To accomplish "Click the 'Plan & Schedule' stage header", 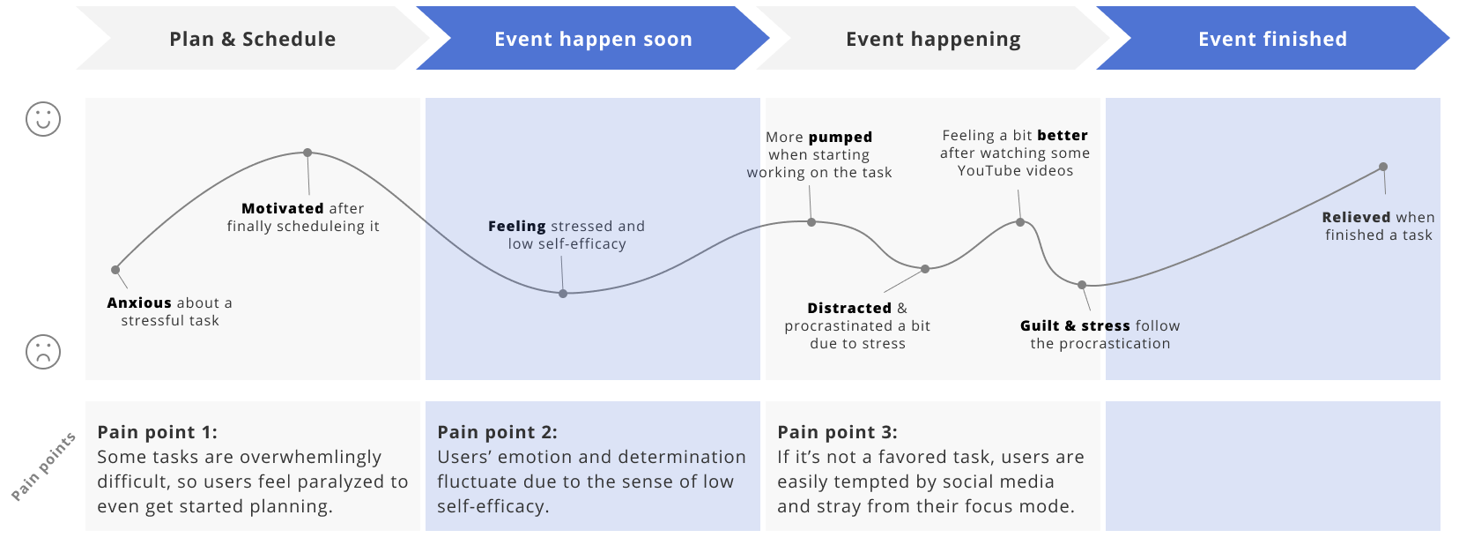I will (x=252, y=39).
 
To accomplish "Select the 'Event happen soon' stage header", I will (x=593, y=39).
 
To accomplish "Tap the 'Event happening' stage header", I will (x=933, y=39).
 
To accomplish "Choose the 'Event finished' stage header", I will (x=1272, y=39).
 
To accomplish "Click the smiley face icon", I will (x=43, y=118).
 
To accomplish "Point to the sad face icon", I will (x=43, y=352).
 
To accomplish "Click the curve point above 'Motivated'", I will (x=307, y=153).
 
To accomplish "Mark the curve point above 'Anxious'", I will (x=115, y=270).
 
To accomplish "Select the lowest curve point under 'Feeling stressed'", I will (x=563, y=294).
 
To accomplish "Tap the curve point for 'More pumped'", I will (x=811, y=222).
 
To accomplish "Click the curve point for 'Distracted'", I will (x=925, y=269).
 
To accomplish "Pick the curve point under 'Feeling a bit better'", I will (x=1020, y=222).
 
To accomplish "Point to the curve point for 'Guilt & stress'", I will (x=1083, y=285).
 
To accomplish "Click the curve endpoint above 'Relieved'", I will (x=1383, y=167).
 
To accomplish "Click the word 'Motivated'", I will (x=283, y=208).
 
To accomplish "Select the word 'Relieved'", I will (x=1356, y=217).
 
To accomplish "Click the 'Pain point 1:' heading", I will (x=157, y=432).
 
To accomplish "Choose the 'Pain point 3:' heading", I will (x=837, y=432).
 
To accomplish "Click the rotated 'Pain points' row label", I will (x=43, y=467).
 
